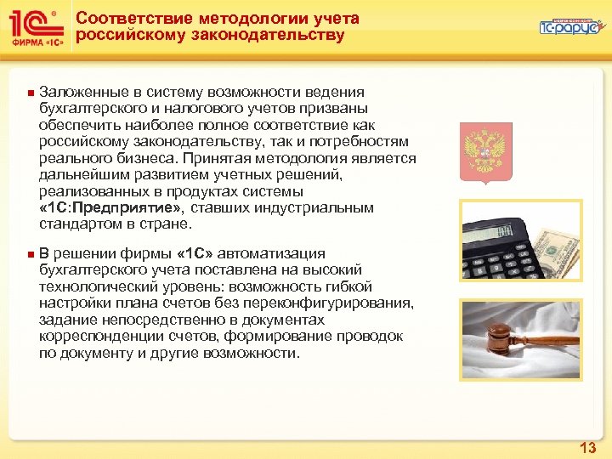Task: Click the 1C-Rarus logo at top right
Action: point(569,27)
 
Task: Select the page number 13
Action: point(587,447)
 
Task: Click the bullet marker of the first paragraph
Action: point(30,93)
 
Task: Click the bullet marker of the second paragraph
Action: point(30,254)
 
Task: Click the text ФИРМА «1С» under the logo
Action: point(35,42)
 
